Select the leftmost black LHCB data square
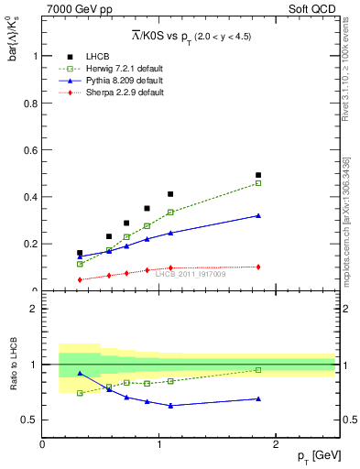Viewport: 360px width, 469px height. coord(80,253)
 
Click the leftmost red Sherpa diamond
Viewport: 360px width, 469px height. coord(80,279)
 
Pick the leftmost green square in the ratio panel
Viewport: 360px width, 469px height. coord(80,393)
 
